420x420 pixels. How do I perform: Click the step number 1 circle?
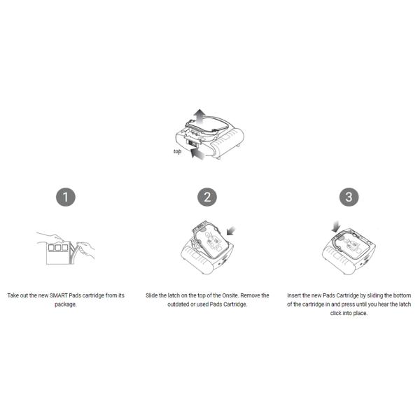[x=66, y=197]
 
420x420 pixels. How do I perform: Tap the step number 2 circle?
[x=207, y=197]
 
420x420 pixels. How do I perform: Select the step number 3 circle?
[x=349, y=197]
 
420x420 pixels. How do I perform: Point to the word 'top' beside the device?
[x=177, y=151]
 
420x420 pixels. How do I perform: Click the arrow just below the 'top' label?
[x=197, y=154]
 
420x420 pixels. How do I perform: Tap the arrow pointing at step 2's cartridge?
[x=231, y=231]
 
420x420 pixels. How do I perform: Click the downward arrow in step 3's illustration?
[x=335, y=227]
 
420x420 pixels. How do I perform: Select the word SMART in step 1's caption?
[x=58, y=295]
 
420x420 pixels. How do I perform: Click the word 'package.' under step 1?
[x=66, y=304]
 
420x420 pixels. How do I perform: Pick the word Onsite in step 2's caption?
[x=230, y=295]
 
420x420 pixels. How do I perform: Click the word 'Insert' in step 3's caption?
[x=294, y=295]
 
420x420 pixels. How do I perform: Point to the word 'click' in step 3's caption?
[x=336, y=313]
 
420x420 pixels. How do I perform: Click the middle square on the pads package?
[x=58, y=248]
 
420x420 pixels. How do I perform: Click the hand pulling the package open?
[x=86, y=248]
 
